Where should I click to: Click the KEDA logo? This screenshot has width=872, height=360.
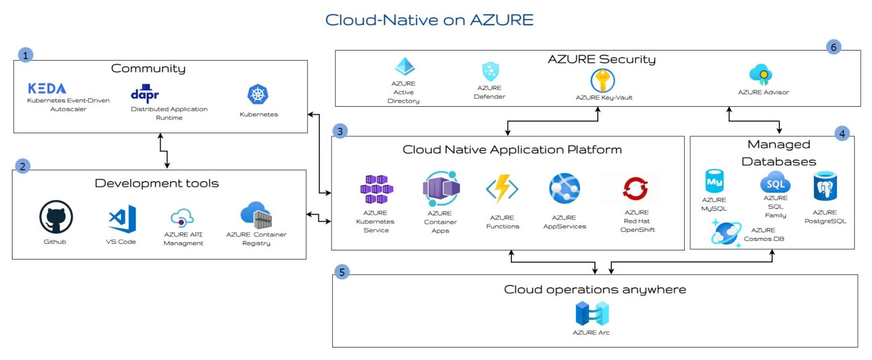(x=47, y=89)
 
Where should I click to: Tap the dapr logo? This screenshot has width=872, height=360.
(x=145, y=93)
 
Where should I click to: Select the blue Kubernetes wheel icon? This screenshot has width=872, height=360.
(x=258, y=94)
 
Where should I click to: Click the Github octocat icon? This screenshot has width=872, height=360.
(x=56, y=217)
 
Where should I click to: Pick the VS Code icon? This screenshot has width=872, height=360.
(x=122, y=219)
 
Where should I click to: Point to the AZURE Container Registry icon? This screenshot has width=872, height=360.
(x=256, y=215)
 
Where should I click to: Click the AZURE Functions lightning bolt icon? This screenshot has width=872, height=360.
(x=502, y=189)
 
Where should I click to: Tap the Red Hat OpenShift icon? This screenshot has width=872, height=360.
(x=635, y=189)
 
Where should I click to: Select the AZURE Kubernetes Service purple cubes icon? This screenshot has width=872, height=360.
(x=376, y=189)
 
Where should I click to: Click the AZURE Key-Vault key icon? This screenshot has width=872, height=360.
(x=602, y=81)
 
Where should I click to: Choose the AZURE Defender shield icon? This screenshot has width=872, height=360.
(x=490, y=72)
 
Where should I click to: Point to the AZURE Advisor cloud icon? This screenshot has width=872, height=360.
(x=761, y=75)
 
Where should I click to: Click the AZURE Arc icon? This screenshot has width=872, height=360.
(x=592, y=313)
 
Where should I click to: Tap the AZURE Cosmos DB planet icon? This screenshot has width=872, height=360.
(x=726, y=233)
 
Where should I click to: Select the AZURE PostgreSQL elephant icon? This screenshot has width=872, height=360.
(x=825, y=186)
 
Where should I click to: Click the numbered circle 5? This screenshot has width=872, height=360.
(x=342, y=272)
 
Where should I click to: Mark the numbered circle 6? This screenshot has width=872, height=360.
(x=833, y=47)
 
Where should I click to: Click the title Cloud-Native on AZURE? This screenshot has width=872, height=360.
(x=429, y=20)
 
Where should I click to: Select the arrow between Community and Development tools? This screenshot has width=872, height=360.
(x=163, y=150)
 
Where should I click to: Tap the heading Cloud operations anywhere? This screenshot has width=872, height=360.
(x=595, y=290)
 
